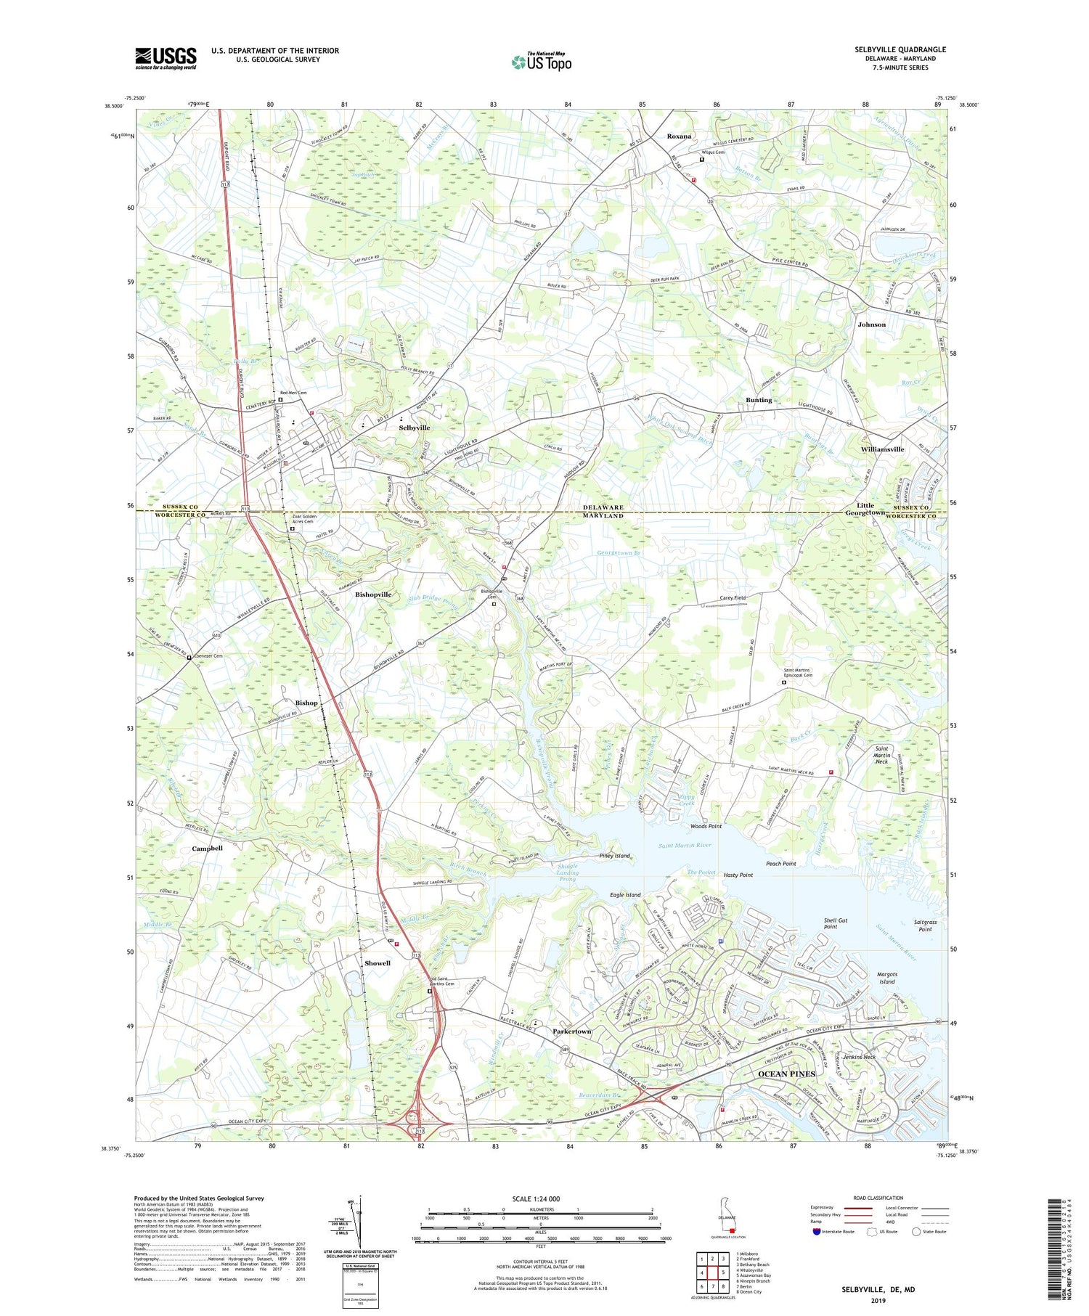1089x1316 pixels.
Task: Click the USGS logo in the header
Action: pos(166,58)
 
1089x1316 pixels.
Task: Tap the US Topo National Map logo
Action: pos(542,62)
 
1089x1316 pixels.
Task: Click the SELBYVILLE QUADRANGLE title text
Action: pos(900,49)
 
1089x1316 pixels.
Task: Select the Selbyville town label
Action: pos(414,428)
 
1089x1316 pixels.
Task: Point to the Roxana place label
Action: pos(679,136)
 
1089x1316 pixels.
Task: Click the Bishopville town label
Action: pos(373,594)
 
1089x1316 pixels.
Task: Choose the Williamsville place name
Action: pos(882,449)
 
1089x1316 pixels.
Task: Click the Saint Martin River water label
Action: pos(685,846)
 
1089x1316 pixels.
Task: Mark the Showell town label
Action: pos(378,963)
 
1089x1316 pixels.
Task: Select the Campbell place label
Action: pos(207,848)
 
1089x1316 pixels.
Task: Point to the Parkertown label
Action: pos(572,1031)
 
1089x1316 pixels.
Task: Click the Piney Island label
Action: pos(615,856)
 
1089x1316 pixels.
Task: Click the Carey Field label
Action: pos(733,597)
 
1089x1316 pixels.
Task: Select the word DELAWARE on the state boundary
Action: pos(603,507)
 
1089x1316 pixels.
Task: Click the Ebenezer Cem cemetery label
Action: pos(208,656)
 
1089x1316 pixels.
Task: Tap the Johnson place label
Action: pos(871,324)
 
